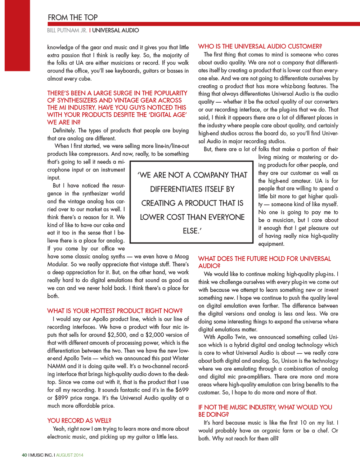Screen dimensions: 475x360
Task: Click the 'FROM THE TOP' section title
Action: (72, 17)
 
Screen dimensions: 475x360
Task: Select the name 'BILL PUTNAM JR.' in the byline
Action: (67, 31)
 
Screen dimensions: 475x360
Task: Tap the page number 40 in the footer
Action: (24, 455)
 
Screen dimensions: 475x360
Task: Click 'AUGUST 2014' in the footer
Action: (69, 455)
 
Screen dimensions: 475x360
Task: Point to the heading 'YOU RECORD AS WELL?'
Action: (79, 420)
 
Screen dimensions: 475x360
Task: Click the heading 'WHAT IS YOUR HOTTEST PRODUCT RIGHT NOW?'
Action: (115, 311)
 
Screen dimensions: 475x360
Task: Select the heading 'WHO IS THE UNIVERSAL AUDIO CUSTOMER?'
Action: (260, 46)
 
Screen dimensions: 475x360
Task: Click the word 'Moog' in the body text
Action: (181, 256)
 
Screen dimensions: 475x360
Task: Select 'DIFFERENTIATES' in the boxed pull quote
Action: (192, 189)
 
